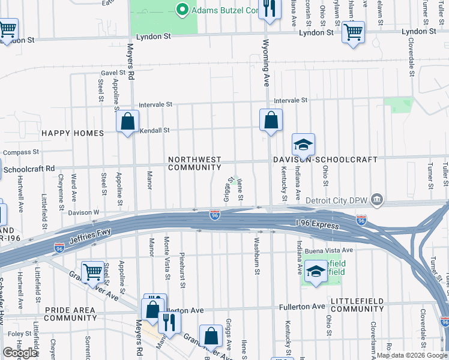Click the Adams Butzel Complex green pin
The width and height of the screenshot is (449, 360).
click(182, 10)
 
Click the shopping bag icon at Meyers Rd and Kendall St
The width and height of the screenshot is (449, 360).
click(127, 122)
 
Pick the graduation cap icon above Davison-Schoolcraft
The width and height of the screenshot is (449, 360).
click(303, 145)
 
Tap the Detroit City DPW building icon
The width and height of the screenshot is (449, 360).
click(376, 199)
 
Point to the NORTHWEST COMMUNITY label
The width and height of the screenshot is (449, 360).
click(194, 164)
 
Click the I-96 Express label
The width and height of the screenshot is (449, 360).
click(317, 224)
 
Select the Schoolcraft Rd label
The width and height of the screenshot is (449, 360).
click(29, 169)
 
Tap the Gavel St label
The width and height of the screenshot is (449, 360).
click(116, 73)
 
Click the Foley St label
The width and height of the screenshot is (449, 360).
click(20, 334)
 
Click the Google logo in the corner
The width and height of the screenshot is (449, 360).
click(20, 353)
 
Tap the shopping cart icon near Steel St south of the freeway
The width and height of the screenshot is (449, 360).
click(93, 272)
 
